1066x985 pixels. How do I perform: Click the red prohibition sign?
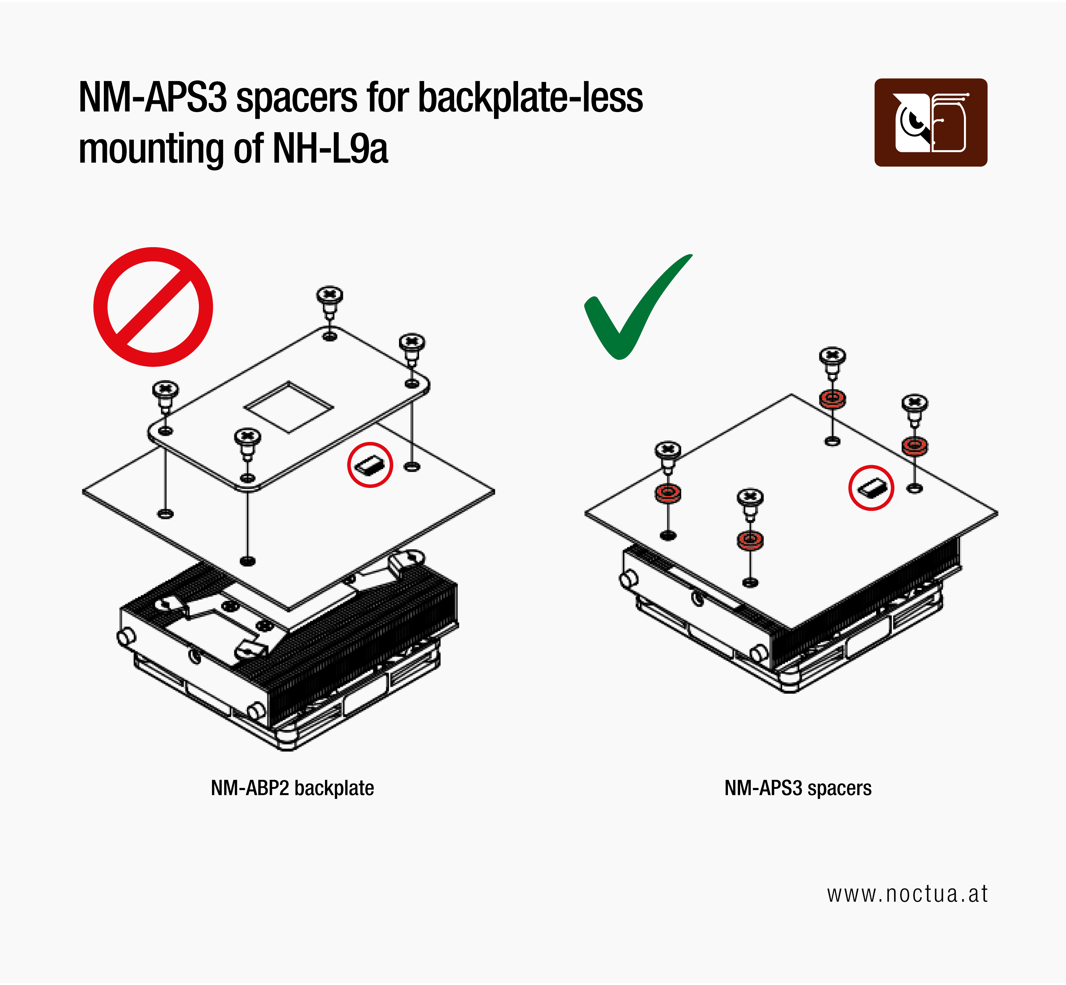pos(153,307)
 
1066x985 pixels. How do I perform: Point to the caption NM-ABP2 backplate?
pos(292,788)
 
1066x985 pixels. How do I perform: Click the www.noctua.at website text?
pos(907,894)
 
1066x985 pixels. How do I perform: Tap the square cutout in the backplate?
pos(288,407)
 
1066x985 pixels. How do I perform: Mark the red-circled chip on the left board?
pos(370,465)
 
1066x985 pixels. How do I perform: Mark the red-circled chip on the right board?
pos(871,488)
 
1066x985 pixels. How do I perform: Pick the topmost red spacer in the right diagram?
pos(832,399)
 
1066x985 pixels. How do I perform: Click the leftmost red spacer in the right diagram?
pos(668,493)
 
